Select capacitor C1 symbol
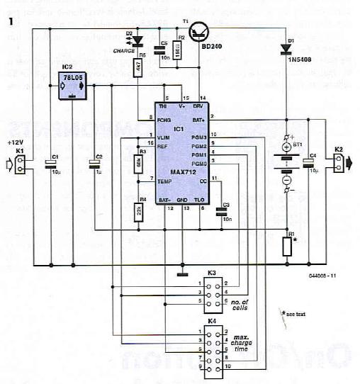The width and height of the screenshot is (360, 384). click(x=51, y=165)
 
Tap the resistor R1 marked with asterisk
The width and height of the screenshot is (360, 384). click(x=286, y=246)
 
